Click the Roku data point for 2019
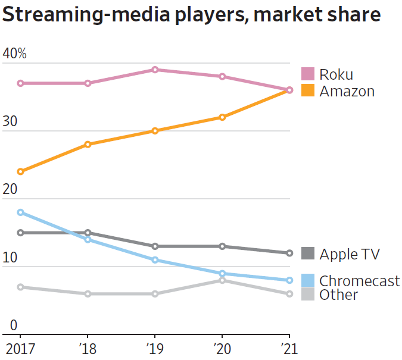click(155, 70)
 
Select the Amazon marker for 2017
click(20, 171)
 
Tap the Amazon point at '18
click(88, 144)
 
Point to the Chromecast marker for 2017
click(20, 212)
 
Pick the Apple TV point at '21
click(289, 253)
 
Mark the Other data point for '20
click(222, 280)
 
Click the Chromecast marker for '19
click(155, 260)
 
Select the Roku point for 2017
click(20, 83)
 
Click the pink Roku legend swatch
click(307, 74)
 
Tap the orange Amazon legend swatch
click(307, 91)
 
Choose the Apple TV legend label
click(350, 254)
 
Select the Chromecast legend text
click(359, 281)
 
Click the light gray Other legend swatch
click(307, 294)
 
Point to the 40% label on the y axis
click(15, 54)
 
